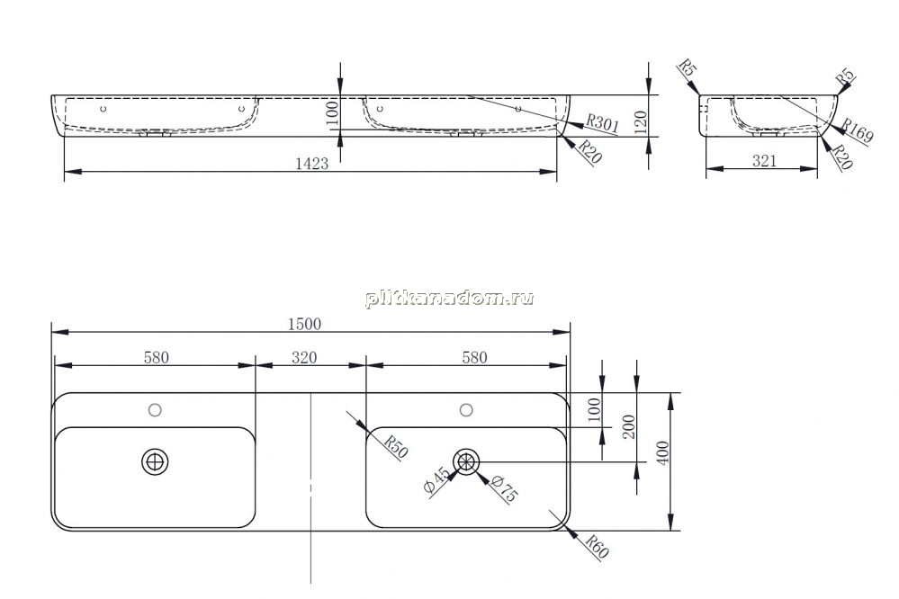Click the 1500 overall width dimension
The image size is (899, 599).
tap(304, 324)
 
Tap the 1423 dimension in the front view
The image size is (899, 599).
tap(312, 164)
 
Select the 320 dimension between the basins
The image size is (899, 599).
tap(304, 358)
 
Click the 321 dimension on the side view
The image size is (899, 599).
tap(764, 161)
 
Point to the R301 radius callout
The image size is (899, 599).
tap(602, 124)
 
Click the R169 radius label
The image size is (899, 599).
tap(857, 131)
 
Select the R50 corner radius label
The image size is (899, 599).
tap(395, 447)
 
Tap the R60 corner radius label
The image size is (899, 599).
tap(597, 546)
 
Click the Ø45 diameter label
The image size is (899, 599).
tap(436, 480)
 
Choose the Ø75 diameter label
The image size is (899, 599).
tap(504, 489)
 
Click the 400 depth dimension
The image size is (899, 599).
tap(662, 452)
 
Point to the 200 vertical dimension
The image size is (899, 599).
tap(629, 426)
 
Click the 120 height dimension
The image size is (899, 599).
tap(641, 122)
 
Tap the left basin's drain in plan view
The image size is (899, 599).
tap(155, 461)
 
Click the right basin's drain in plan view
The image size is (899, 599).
tap(466, 461)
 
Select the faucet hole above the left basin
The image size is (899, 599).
tap(155, 410)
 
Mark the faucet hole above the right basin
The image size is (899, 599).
tap(466, 410)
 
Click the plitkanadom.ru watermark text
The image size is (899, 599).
tap(450, 299)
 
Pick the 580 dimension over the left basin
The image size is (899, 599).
tap(156, 358)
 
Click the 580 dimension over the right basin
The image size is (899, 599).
tap(475, 358)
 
